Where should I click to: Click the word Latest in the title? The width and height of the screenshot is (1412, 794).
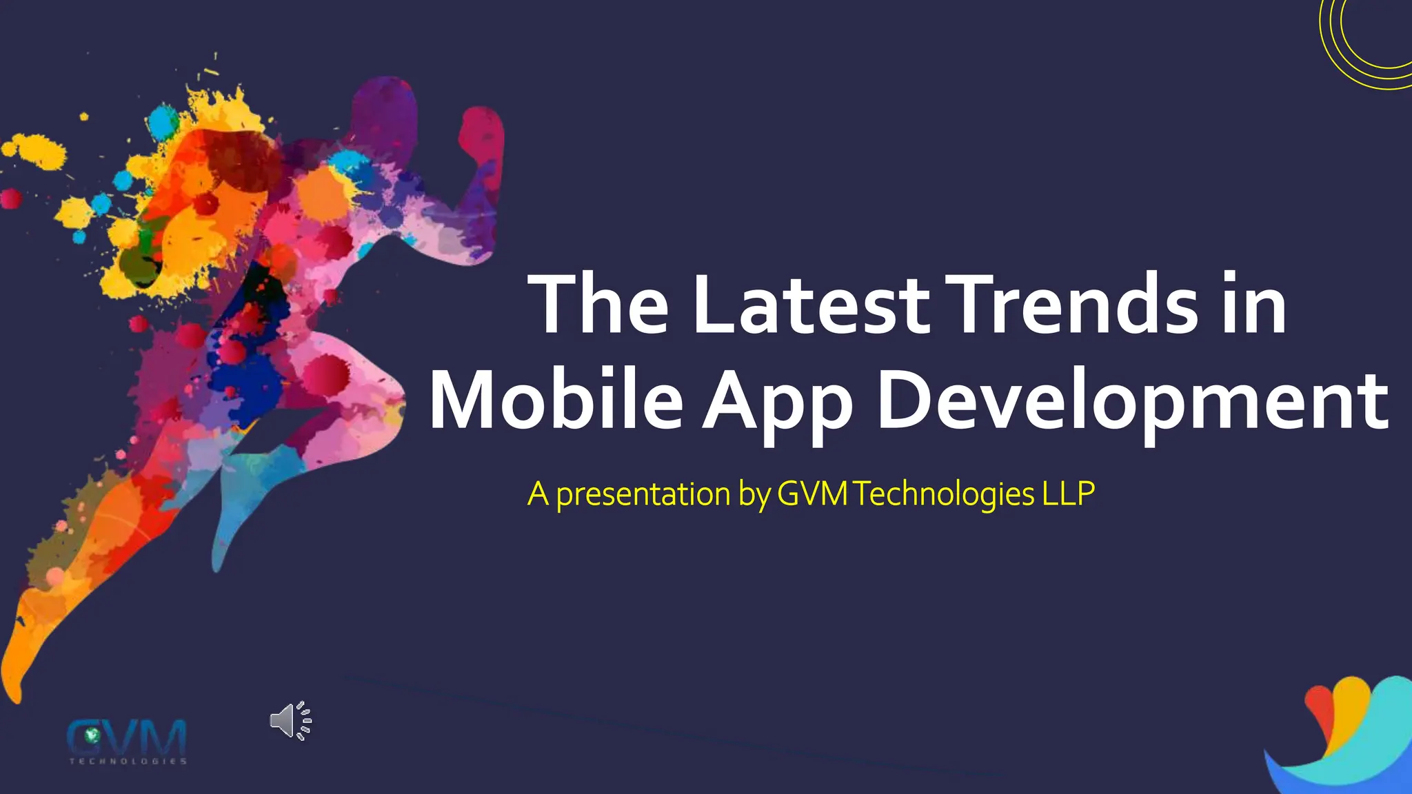[x=811, y=305]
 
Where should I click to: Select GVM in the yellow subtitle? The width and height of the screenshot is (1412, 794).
[x=812, y=493]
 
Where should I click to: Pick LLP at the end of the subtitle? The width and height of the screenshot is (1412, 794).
[x=1068, y=493]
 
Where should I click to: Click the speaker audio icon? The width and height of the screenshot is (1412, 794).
[x=290, y=721]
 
